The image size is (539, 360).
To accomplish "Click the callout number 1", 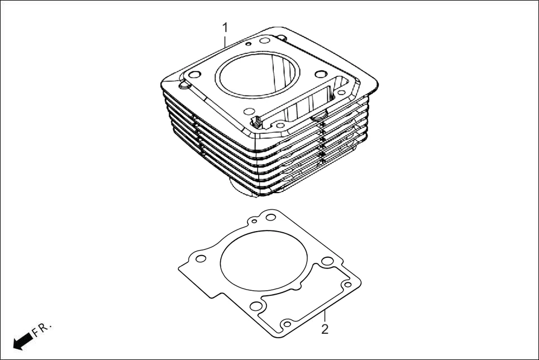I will pyautogui.click(x=225, y=26).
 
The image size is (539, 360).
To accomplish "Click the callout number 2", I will pyautogui.click(x=325, y=329).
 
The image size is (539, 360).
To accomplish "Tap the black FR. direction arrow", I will pyautogui.click(x=22, y=341).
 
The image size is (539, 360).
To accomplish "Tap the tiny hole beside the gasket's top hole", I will pyautogui.click(x=255, y=221).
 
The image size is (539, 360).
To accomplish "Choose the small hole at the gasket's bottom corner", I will pyautogui.click(x=287, y=324).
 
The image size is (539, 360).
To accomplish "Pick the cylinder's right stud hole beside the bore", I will pyautogui.click(x=321, y=74).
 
